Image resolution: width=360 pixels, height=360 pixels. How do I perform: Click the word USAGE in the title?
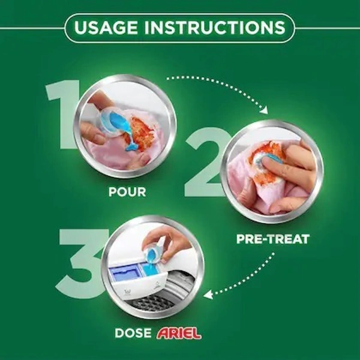tap(106, 28)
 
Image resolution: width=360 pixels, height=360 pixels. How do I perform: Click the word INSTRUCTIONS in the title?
tap(215, 28)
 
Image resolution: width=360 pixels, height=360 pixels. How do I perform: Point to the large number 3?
tap(80, 263)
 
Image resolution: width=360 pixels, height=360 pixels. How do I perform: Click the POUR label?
tap(127, 192)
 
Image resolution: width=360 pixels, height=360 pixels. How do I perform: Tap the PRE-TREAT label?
tap(273, 239)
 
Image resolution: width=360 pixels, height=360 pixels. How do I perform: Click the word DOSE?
tap(133, 333)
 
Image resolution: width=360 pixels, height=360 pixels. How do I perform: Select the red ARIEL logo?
tap(179, 334)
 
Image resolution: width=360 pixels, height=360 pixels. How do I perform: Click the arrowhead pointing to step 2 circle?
tap(264, 110)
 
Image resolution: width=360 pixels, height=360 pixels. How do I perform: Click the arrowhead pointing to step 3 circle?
tap(208, 295)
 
